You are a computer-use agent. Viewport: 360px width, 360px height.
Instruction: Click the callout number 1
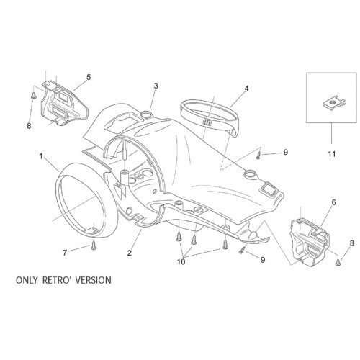(x=41, y=156)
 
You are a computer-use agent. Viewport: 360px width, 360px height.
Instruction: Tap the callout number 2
(x=130, y=253)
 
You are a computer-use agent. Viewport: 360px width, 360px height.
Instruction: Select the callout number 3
(x=156, y=86)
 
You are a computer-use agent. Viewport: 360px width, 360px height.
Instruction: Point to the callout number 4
(x=246, y=89)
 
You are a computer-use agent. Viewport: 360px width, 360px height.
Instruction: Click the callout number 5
(x=89, y=77)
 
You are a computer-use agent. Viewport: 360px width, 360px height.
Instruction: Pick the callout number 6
(x=333, y=202)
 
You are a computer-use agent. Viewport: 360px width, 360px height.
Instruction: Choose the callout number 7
(x=65, y=253)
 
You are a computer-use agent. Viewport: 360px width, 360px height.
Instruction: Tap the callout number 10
(x=181, y=261)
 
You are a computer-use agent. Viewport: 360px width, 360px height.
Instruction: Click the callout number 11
(x=332, y=153)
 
